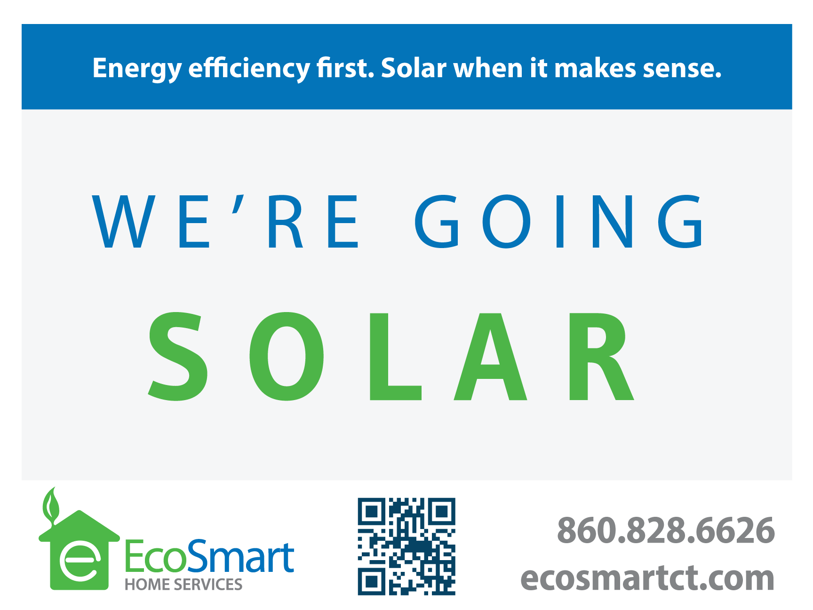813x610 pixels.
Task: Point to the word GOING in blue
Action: coord(559,221)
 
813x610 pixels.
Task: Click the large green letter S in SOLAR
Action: coord(178,356)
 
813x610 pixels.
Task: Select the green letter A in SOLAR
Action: coord(490,357)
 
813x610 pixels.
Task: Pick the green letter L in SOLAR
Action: coord(395,357)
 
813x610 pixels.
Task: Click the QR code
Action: coord(406,546)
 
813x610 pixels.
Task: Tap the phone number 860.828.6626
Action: coord(666,530)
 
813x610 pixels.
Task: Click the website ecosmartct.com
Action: coord(647,578)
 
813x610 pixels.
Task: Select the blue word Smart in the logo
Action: coord(243,557)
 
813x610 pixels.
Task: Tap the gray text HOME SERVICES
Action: coord(183,585)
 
